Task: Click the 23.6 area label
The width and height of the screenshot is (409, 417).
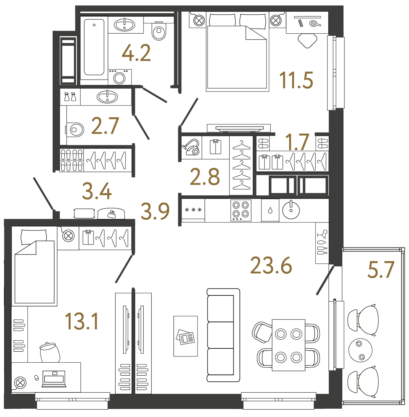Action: pos(271,265)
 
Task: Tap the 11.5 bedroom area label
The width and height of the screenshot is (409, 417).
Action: pos(296,80)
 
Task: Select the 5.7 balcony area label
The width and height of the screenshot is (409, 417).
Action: pos(381,269)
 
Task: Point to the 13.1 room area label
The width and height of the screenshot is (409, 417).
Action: pos(82,322)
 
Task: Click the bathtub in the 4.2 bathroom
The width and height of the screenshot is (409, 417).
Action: pos(94,47)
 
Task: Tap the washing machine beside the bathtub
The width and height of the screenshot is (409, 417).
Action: pos(120,77)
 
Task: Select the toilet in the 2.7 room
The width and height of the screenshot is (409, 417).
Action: pos(75,130)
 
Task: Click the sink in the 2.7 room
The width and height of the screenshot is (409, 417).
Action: pos(107,97)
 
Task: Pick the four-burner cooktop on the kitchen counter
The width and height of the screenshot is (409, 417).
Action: pos(241,210)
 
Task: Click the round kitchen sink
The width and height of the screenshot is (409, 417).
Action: pos(291,210)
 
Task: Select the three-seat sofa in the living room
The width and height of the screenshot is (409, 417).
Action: pos(223,335)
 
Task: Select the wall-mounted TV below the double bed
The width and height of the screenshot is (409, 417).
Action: pos(239,128)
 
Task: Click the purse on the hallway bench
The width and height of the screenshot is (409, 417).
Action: pos(111,214)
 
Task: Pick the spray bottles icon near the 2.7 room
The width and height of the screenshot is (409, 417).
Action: pos(70,97)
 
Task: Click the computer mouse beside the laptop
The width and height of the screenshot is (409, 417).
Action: pos(37,377)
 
